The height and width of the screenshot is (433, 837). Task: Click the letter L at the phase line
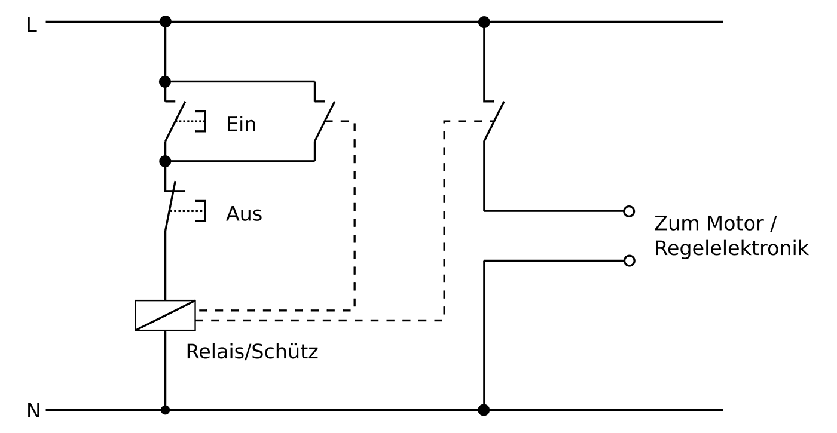[x=32, y=25]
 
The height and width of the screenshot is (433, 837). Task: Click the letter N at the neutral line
[x=33, y=411]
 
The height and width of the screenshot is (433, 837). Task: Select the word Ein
[x=241, y=124]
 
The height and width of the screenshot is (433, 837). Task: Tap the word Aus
[x=244, y=214]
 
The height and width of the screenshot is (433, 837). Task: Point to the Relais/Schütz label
[x=252, y=351]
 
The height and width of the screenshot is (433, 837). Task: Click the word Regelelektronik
[x=731, y=248]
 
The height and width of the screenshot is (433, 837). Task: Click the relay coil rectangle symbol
[x=165, y=315]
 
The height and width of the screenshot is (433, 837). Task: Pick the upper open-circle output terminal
[x=629, y=211]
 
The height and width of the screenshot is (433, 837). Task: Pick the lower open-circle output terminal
[x=629, y=260]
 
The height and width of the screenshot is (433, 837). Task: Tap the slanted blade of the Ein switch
[x=175, y=121]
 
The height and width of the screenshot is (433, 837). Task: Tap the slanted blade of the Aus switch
[x=170, y=207]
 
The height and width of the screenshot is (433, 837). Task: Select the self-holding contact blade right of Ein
[x=325, y=121]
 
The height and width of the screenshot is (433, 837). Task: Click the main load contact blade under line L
[x=494, y=121]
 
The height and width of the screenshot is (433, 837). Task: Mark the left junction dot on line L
[x=165, y=22]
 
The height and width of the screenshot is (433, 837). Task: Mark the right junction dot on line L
[x=484, y=22]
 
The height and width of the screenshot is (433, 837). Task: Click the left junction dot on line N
[x=165, y=410]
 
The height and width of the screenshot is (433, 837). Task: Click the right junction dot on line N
[x=484, y=410]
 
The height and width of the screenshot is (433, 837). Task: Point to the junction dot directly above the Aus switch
[x=165, y=161]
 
